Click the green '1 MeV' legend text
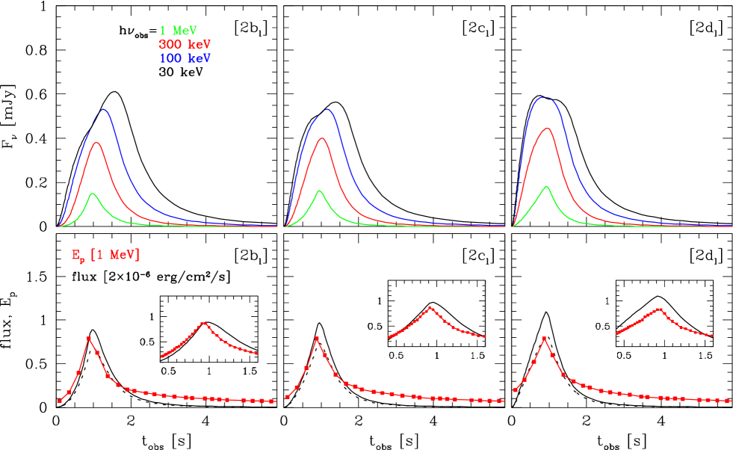pyautogui.click(x=178, y=31)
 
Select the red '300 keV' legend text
pyautogui.click(x=179, y=44)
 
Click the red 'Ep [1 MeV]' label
pyautogui.click(x=105, y=256)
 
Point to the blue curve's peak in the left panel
pyautogui.click(x=104, y=110)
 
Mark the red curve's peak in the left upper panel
pyautogui.click(x=96, y=142)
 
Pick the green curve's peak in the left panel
pyautogui.click(x=93, y=194)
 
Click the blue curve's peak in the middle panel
pyautogui.click(x=326, y=109)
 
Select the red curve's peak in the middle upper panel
pyautogui.click(x=322, y=138)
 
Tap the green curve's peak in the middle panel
pyautogui.click(x=320, y=191)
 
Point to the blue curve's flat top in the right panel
pyautogui.click(x=545, y=97)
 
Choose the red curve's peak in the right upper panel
pyautogui.click(x=548, y=129)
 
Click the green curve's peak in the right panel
pyautogui.click(x=547, y=186)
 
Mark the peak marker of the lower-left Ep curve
pyautogui.click(x=89, y=339)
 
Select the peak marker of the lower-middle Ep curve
pyautogui.click(x=317, y=339)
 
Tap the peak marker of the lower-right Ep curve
pyautogui.click(x=544, y=339)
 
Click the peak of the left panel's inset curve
pyautogui.click(x=204, y=324)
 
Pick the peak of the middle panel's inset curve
pyautogui.click(x=431, y=308)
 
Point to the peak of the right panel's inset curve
pyautogui.click(x=658, y=309)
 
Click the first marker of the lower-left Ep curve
pyautogui.click(x=60, y=401)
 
